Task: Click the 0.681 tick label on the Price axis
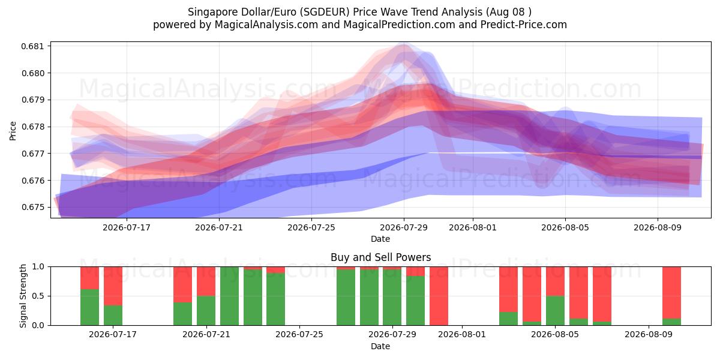[x=32, y=46]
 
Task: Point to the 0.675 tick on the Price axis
[x=32, y=208]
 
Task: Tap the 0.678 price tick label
[x=32, y=127]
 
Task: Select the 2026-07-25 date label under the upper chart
[x=311, y=227]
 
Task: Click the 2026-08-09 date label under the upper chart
[x=658, y=227]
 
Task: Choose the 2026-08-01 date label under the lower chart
[x=462, y=334]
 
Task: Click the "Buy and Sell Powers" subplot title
[x=380, y=257]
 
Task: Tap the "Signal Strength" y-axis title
[x=23, y=296]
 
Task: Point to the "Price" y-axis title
[x=13, y=131]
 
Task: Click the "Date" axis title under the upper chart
[x=380, y=239]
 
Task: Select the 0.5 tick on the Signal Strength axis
[x=38, y=296]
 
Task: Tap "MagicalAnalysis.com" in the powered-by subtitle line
[x=266, y=25]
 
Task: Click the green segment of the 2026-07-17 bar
[x=113, y=315]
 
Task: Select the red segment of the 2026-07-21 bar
[x=206, y=281]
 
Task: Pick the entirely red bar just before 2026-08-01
[x=439, y=296]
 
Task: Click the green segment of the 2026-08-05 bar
[x=555, y=311]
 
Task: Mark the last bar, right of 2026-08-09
[x=671, y=296]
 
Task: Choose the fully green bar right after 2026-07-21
[x=229, y=296]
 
